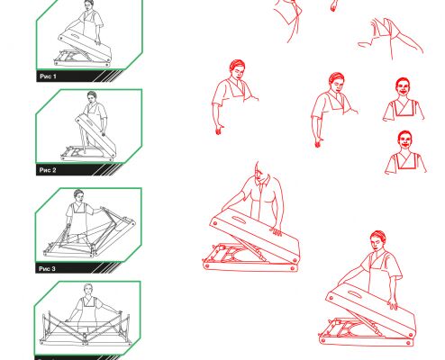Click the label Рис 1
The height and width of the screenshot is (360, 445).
tap(48, 76)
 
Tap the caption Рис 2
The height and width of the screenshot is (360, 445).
tap(48, 170)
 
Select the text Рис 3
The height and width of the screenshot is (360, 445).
tap(47, 268)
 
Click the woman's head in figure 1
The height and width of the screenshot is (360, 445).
tap(89, 5)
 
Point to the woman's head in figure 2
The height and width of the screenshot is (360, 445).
tap(92, 97)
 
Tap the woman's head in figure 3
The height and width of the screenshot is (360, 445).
tap(78, 195)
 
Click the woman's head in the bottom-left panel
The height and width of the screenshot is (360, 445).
tap(88, 289)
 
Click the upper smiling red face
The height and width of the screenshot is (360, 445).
tap(403, 87)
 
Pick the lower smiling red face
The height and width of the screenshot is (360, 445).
tap(404, 140)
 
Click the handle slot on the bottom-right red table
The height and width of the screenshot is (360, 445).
tap(354, 294)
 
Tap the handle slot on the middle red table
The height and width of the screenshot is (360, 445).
tap(239, 220)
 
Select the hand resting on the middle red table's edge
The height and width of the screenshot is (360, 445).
tap(276, 232)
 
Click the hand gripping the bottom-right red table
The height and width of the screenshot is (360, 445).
tap(393, 304)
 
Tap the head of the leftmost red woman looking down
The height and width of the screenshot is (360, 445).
tap(238, 69)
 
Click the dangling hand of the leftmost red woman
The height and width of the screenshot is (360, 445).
tap(219, 130)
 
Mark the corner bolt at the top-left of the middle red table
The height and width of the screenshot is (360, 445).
tap(215, 223)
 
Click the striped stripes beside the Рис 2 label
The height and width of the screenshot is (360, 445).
tap(107, 169)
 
